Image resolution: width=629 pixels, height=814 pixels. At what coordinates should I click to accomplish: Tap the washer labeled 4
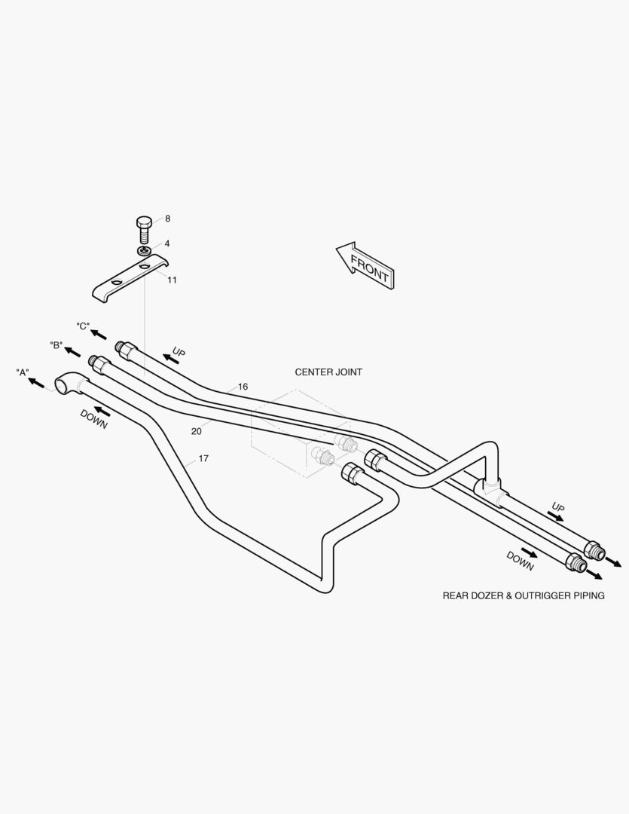coord(145,251)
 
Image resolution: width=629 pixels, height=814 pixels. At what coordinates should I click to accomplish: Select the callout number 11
coord(172,280)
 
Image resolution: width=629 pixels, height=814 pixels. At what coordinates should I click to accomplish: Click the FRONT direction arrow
coord(365,265)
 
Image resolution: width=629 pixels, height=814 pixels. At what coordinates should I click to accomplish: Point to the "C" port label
coord(83,326)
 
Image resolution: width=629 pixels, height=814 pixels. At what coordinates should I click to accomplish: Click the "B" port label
coord(56,345)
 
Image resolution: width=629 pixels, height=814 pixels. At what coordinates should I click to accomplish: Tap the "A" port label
coord(23,372)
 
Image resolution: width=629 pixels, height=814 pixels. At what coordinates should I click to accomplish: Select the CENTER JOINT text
coord(328,372)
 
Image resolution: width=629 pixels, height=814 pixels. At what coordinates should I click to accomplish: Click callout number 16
coord(243,387)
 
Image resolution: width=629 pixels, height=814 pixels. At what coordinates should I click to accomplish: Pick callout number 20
coord(196,431)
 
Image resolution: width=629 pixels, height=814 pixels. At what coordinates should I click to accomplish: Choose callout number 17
coord(203,458)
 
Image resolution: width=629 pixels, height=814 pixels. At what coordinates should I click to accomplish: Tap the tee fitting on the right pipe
coord(489,487)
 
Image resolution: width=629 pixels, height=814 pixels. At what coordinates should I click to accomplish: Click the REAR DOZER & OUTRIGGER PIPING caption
coord(524,596)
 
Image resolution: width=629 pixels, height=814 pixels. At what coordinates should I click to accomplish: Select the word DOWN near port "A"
coord(93,420)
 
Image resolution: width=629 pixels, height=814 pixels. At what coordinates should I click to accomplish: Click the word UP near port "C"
coord(179,352)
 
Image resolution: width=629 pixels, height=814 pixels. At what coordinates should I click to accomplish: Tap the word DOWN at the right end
coord(520,562)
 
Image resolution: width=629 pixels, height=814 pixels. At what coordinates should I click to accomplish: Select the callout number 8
coord(168,219)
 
